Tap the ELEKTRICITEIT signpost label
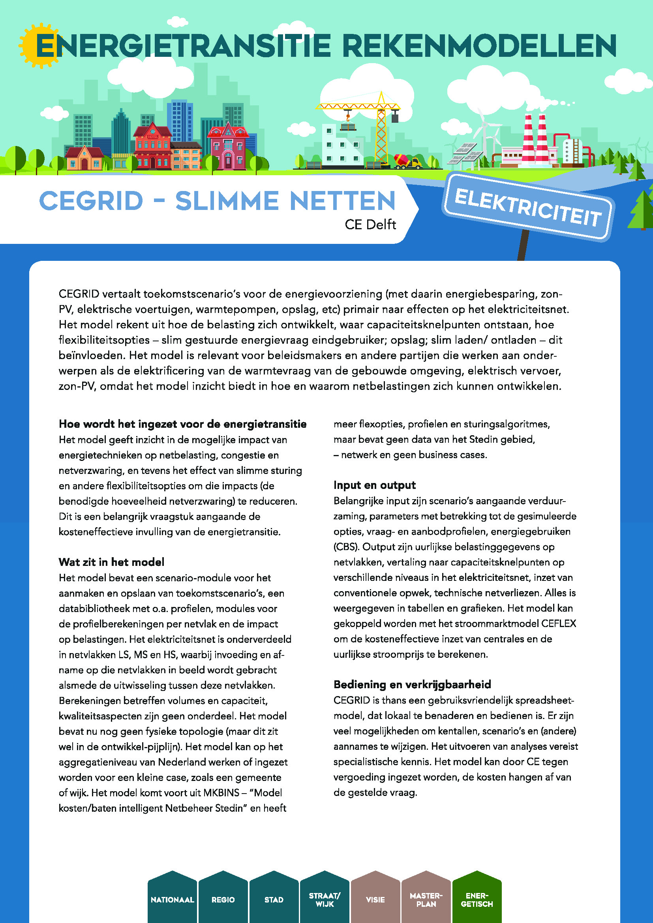click(527, 208)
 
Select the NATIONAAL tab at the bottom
click(172, 900)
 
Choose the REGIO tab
click(223, 900)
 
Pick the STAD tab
click(274, 900)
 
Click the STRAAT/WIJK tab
click(325, 900)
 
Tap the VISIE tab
click(375, 900)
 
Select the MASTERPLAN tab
click(426, 900)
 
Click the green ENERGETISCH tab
click(477, 900)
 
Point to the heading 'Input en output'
click(374, 485)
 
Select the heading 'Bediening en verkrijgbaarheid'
click(412, 684)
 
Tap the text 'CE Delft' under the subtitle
click(370, 224)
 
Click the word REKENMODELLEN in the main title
click(479, 46)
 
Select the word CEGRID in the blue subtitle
click(91, 200)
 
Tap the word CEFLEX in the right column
click(559, 623)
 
